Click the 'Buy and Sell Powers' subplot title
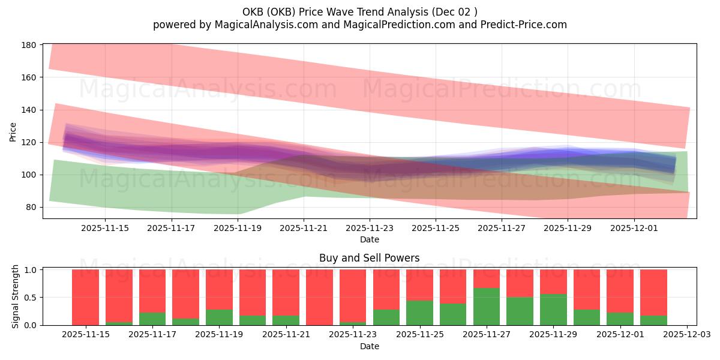pyautogui.click(x=369, y=259)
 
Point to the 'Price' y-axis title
pyautogui.click(x=13, y=131)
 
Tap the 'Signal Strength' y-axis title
pyautogui.click(x=16, y=296)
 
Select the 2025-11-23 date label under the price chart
pyautogui.click(x=369, y=228)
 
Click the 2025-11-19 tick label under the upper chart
pyautogui.click(x=237, y=228)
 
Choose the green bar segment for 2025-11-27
pyautogui.click(x=486, y=307)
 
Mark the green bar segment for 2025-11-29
pyautogui.click(x=553, y=310)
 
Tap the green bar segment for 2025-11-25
pyautogui.click(x=419, y=313)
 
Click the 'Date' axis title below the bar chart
pyautogui.click(x=369, y=346)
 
